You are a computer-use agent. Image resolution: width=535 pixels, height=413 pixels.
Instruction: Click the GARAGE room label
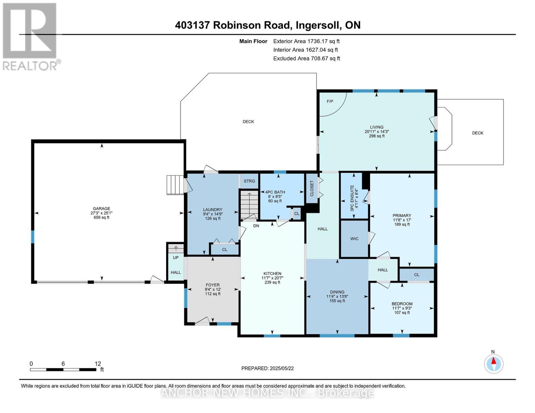coord(101,208)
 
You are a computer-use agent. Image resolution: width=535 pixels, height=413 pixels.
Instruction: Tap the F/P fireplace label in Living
coord(330,101)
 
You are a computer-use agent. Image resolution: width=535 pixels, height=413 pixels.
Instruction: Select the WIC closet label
coord(354,239)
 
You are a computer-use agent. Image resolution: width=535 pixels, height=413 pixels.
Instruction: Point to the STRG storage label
coord(249,181)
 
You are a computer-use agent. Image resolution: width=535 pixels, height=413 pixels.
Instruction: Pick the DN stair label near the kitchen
coord(256,225)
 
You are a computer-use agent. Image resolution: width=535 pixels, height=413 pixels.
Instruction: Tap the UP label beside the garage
coord(176,257)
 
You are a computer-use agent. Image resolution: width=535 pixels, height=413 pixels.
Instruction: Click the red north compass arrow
coord(493,361)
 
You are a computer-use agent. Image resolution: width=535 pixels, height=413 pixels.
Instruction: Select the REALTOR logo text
coord(30,66)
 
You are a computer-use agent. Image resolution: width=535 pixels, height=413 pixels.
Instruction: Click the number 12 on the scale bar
coord(98,364)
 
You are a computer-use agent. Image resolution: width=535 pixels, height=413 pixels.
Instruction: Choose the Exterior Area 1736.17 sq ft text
coord(306,41)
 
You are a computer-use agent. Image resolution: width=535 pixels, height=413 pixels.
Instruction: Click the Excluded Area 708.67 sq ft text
coord(307,59)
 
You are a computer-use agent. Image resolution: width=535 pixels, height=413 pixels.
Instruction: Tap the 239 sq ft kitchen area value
coord(272,282)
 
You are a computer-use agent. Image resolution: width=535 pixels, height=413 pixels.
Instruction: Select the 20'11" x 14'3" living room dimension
coord(377,131)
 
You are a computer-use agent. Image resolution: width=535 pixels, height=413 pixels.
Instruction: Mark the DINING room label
coord(337,292)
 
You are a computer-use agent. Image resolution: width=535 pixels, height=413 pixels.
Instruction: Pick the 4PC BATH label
coord(275,192)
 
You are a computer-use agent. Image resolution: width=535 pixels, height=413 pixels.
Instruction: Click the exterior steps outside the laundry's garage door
coord(175,185)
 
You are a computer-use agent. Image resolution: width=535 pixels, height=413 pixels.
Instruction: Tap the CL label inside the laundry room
coord(225,250)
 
